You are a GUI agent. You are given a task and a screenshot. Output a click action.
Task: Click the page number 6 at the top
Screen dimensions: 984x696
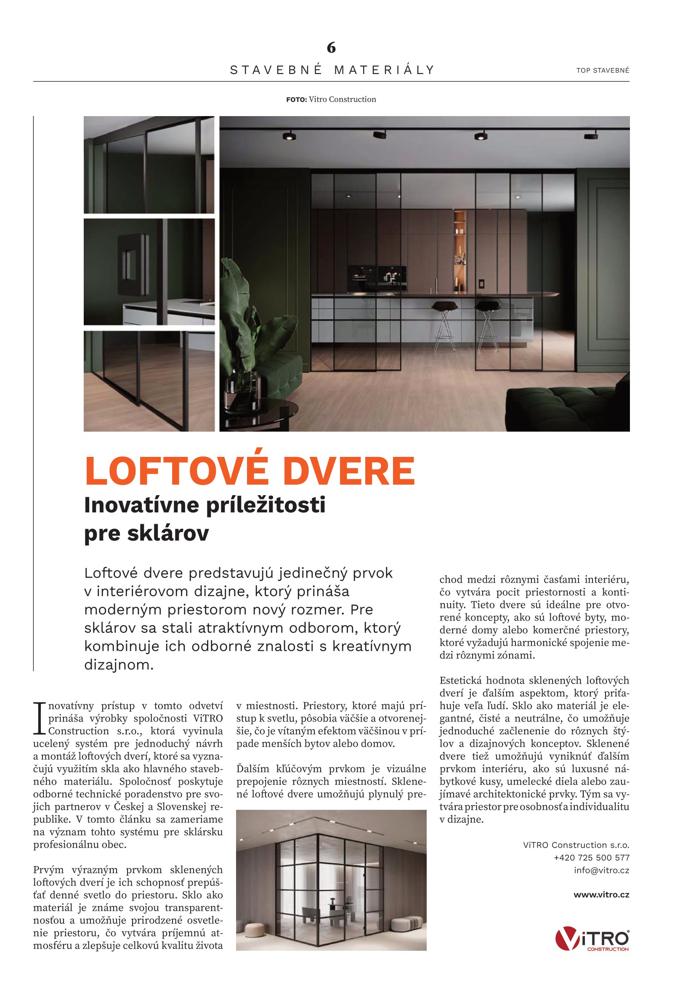[331, 48]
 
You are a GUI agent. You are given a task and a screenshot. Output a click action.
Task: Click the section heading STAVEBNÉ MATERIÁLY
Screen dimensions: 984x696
[332, 70]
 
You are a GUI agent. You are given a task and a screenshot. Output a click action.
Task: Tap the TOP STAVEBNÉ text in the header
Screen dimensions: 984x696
[603, 70]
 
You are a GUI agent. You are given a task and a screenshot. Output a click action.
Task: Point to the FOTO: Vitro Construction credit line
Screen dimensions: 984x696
[331, 99]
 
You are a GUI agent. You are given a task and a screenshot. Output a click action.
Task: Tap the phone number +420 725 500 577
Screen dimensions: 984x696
[591, 857]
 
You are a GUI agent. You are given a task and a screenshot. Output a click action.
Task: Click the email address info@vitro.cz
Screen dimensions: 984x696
[601, 870]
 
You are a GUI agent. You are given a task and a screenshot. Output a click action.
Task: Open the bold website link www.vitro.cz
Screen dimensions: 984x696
[601, 894]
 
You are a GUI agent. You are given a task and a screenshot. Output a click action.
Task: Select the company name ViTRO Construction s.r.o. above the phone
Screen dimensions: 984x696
[576, 845]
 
